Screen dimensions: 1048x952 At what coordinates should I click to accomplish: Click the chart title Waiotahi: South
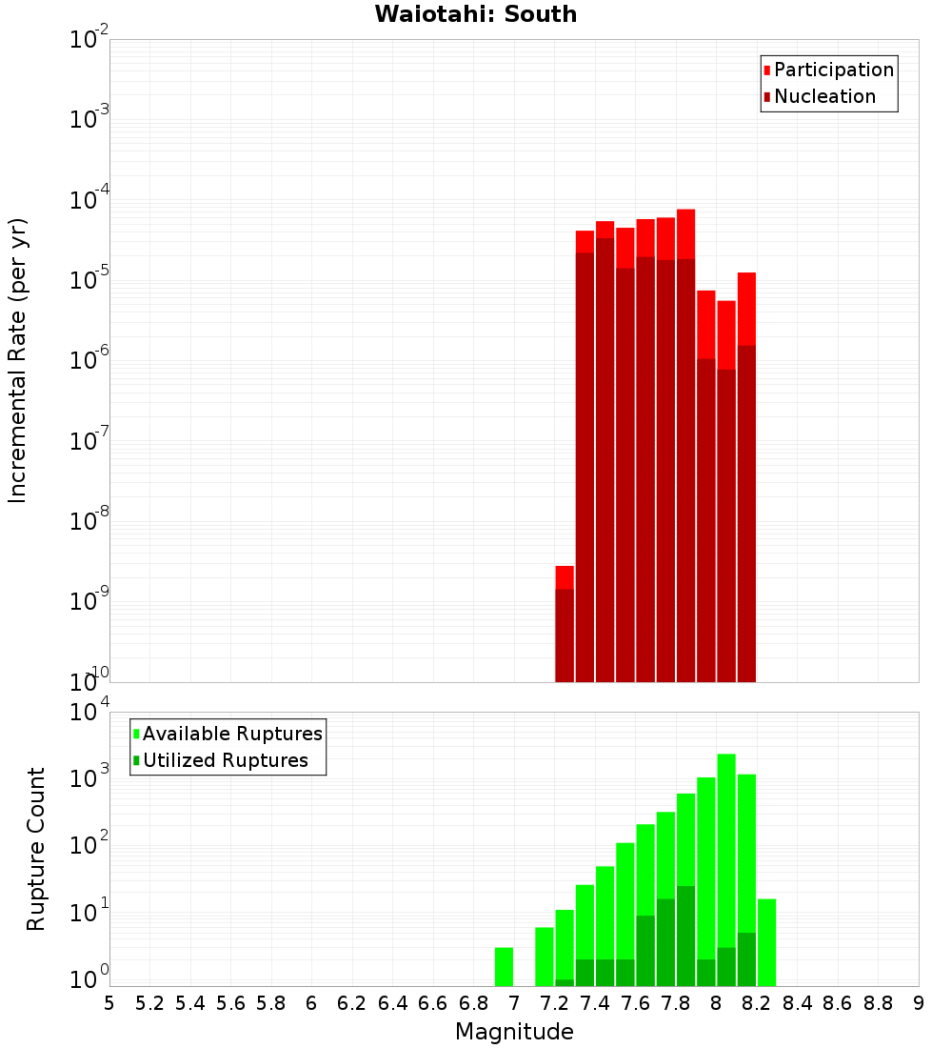[475, 14]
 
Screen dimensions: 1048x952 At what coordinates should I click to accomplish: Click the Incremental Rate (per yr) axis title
[18, 361]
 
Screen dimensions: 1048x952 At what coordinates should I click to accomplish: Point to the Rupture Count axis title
[36, 849]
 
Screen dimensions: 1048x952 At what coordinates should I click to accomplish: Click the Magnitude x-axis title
[514, 1032]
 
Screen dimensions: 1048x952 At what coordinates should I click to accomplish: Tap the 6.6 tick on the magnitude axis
[433, 1003]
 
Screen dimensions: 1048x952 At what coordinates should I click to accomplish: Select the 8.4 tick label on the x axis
[797, 1003]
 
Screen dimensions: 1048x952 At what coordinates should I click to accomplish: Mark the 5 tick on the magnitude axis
[109, 1003]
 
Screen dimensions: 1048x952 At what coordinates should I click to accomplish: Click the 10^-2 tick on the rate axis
[89, 40]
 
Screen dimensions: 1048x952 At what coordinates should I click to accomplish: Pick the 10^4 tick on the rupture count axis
[89, 712]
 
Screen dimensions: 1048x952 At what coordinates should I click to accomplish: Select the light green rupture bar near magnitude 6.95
[504, 967]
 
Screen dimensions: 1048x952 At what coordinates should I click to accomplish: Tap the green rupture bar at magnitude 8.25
[766, 942]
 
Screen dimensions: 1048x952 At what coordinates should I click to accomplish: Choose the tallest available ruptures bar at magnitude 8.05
[726, 857]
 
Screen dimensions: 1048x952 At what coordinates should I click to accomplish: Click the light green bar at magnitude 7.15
[545, 957]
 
